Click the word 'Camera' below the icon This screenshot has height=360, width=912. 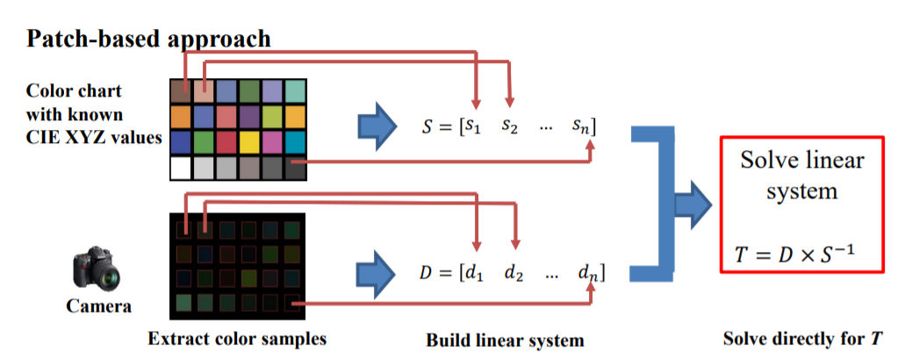click(x=98, y=306)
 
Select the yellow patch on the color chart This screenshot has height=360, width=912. click(x=250, y=142)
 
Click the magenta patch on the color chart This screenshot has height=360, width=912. click(x=273, y=142)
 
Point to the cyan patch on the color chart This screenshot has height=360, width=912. click(x=296, y=142)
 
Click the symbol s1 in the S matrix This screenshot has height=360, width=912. click(x=474, y=127)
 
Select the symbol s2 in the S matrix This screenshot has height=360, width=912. click(x=511, y=127)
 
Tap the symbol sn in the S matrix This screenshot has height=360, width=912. click(x=583, y=127)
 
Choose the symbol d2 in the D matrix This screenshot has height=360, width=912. click(x=514, y=272)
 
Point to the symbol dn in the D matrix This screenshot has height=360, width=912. click(x=587, y=272)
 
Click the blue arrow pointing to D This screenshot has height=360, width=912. click(x=375, y=271)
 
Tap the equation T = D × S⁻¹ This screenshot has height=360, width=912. click(x=795, y=255)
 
